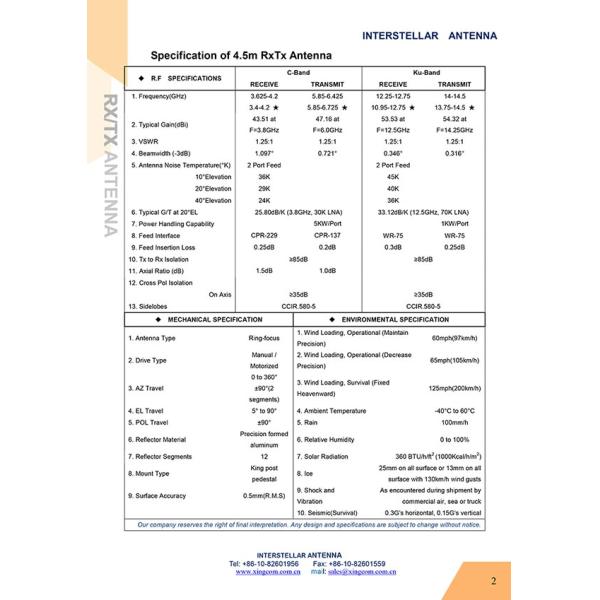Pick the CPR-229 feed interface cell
[x=264, y=235]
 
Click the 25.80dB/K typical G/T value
[x=297, y=212]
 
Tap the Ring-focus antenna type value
[x=264, y=338]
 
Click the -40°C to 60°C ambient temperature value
[x=454, y=410]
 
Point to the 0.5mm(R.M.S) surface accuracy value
[x=264, y=495]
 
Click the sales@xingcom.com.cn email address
[x=362, y=571]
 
